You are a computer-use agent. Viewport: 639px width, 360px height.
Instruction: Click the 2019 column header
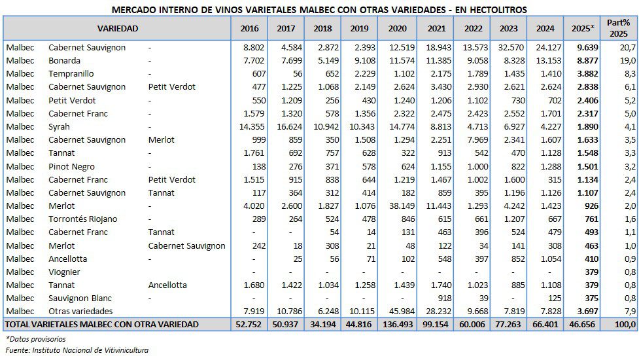pos(359,28)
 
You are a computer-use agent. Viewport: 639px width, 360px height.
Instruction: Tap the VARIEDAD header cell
pos(118,28)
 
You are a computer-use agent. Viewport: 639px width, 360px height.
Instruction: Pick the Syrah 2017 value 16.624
pos(286,126)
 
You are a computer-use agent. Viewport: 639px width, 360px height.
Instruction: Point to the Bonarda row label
pos(64,60)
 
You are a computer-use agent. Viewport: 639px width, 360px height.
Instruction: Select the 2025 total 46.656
pos(581,324)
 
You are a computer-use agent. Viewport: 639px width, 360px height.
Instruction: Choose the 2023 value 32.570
pos(508,47)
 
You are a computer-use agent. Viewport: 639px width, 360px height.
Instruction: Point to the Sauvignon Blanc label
pos(80,298)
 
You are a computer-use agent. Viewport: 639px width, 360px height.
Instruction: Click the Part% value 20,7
pos(627,47)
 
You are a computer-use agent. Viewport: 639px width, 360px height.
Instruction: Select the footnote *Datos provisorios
pos(35,338)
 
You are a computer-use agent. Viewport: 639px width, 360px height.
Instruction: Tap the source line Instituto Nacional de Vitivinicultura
pos(77,350)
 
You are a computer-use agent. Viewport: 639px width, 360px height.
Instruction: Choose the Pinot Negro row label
pos(72,166)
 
